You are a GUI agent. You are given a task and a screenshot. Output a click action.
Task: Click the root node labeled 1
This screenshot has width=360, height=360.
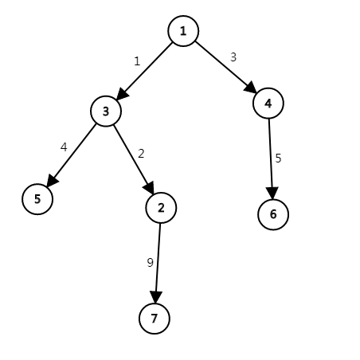pyautogui.click(x=183, y=31)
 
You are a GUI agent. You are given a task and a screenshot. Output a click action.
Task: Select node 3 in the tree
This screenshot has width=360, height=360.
pyautogui.click(x=106, y=112)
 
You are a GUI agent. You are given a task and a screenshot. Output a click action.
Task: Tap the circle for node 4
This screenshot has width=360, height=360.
pyautogui.click(x=268, y=103)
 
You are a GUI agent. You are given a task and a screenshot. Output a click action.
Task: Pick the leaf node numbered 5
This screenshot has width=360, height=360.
pyautogui.click(x=37, y=199)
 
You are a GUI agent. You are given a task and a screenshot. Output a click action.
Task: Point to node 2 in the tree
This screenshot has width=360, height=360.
pyautogui.click(x=161, y=208)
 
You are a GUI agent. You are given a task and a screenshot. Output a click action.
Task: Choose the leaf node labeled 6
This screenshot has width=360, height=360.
pyautogui.click(x=273, y=214)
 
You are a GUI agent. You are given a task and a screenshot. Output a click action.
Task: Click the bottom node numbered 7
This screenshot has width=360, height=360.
pyautogui.click(x=155, y=319)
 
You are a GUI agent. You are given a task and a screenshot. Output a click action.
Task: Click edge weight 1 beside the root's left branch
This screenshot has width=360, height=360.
pyautogui.click(x=137, y=61)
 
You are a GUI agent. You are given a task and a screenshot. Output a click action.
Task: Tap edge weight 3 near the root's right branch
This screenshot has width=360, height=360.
pyautogui.click(x=233, y=57)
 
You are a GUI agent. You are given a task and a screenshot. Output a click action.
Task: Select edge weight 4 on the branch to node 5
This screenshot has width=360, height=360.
pyautogui.click(x=64, y=147)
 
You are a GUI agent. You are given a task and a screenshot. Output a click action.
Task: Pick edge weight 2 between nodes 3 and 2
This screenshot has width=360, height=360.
pyautogui.click(x=141, y=154)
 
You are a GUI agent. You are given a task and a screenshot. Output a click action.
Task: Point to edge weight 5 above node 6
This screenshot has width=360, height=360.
pyautogui.click(x=278, y=158)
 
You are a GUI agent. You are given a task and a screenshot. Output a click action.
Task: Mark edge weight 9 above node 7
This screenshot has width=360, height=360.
pyautogui.click(x=150, y=263)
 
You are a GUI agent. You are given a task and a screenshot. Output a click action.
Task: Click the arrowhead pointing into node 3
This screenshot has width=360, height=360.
pyautogui.click(x=122, y=94)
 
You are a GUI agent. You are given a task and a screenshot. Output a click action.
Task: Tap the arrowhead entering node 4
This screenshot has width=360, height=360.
pyautogui.click(x=250, y=88)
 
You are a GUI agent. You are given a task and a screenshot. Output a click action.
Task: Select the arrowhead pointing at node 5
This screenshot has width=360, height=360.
pyautogui.click(x=53, y=181)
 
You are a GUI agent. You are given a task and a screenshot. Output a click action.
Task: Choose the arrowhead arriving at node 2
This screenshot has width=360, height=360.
pyautogui.click(x=149, y=188)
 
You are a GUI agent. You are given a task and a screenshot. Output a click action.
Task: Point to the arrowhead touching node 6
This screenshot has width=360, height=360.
pyautogui.click(x=272, y=193)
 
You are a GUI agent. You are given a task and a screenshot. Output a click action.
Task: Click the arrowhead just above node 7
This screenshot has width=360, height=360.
pyautogui.click(x=156, y=297)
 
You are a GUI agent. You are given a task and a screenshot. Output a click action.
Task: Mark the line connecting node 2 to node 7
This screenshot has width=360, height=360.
pyautogui.click(x=158, y=263)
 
